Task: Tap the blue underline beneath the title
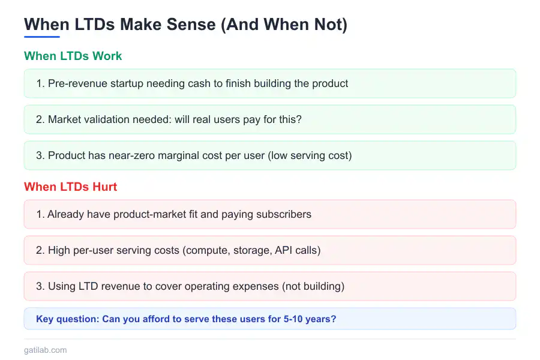click(x=41, y=37)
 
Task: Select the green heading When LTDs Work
click(x=73, y=56)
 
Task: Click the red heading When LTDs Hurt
click(x=70, y=187)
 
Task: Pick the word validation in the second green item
click(x=110, y=119)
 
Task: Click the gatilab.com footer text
click(x=45, y=350)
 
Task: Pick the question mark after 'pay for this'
click(x=299, y=119)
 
